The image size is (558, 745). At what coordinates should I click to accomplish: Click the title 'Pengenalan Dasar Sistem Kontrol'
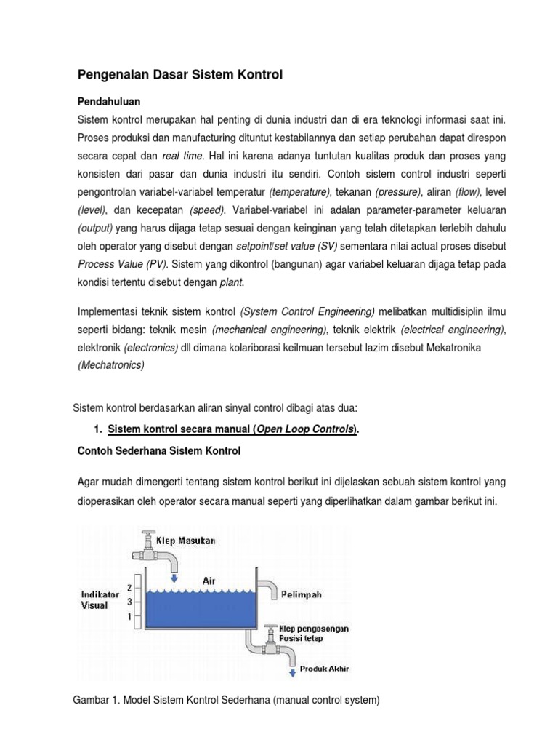tap(179, 74)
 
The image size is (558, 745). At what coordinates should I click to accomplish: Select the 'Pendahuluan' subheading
tap(109, 100)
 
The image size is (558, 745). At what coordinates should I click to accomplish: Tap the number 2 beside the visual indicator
tap(129, 586)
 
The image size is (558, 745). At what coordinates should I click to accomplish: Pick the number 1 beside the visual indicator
tap(129, 616)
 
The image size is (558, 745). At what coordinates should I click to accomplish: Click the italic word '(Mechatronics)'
tap(110, 365)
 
